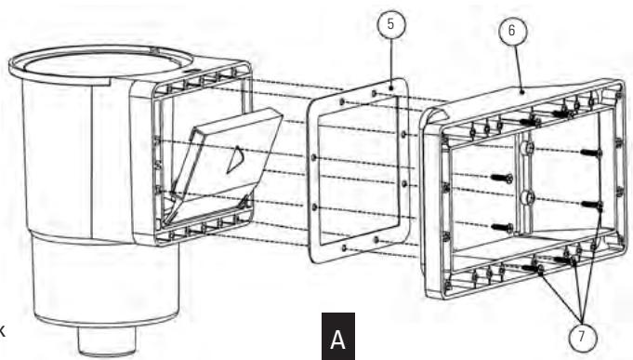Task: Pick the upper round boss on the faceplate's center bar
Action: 527,148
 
